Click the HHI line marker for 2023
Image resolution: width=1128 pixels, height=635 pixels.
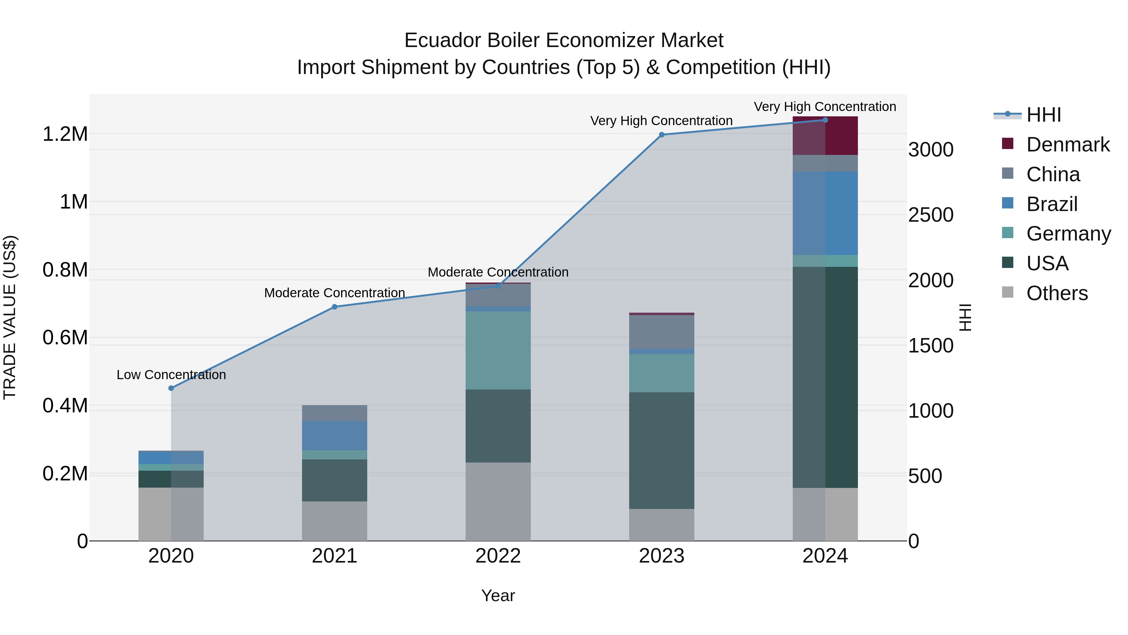tap(661, 135)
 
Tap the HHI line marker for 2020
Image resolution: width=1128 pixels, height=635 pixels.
tap(171, 388)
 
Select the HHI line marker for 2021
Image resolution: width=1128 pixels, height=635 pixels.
tap(335, 307)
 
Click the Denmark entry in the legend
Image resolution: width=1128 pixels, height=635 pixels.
tap(1068, 145)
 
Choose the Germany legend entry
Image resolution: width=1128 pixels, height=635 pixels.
tap(1068, 234)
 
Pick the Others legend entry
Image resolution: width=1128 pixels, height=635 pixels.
tap(1057, 293)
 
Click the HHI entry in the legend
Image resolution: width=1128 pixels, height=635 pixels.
tap(1043, 115)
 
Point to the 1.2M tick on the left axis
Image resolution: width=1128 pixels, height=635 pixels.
tap(65, 134)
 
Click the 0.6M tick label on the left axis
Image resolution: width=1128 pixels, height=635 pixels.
tap(65, 338)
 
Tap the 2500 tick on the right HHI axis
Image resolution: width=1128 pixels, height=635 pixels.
tap(931, 215)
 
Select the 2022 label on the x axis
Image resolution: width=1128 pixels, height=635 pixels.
tap(498, 556)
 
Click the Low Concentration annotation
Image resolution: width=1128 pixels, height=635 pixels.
tap(171, 375)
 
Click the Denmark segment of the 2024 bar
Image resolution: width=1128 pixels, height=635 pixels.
tap(825, 136)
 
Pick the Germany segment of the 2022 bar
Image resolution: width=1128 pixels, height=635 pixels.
tap(498, 350)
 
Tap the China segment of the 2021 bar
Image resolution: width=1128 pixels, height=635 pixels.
tap(335, 413)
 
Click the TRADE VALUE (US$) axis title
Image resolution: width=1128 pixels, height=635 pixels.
tap(10, 317)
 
